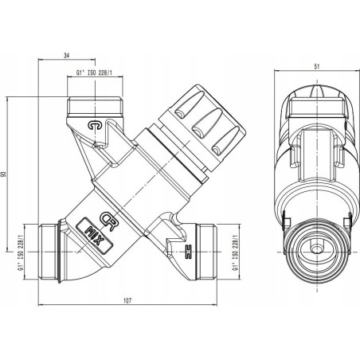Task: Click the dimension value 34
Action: click(x=66, y=56)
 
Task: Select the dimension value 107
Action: click(x=127, y=300)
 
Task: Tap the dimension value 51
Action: click(x=317, y=67)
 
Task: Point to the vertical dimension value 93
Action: click(x=3, y=174)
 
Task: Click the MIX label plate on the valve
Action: click(x=95, y=235)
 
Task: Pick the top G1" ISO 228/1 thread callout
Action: click(x=94, y=72)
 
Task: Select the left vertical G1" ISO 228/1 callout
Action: click(x=20, y=252)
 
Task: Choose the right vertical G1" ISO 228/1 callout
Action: click(x=235, y=252)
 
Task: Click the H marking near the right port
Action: click(x=188, y=252)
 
